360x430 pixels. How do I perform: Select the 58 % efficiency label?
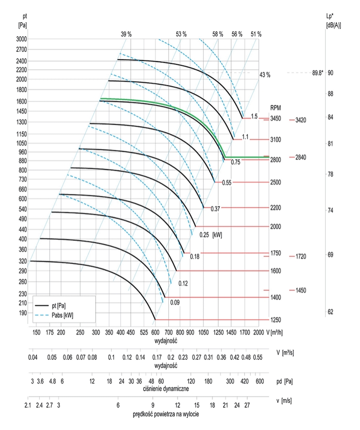[218, 34]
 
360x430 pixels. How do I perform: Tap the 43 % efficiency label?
[265, 75]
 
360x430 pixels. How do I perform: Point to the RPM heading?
[276, 108]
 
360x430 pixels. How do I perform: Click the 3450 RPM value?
[275, 119]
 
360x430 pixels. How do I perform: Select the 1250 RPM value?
[275, 320]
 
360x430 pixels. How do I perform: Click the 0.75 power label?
[236, 162]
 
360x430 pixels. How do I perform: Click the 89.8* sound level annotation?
[317, 73]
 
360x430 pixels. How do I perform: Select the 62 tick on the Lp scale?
[330, 312]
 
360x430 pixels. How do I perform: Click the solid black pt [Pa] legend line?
[43, 306]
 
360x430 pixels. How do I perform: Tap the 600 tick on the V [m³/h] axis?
[155, 333]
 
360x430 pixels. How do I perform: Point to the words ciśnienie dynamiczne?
[166, 388]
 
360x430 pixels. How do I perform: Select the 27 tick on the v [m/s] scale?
[247, 404]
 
